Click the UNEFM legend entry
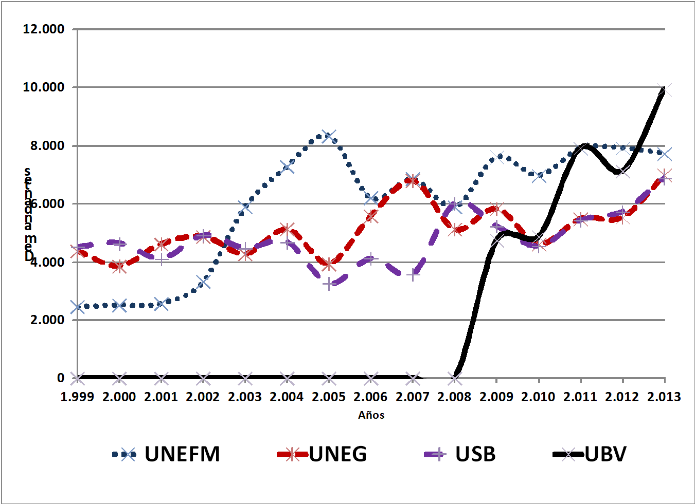166,454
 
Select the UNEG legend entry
323,454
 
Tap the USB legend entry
460,454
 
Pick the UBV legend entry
591,454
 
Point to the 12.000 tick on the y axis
44,29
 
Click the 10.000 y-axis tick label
44,87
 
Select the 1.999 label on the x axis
77,397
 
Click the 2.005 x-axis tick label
329,397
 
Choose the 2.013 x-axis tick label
664,397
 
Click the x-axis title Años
371,415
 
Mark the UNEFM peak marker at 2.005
329,136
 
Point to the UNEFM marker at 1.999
77,307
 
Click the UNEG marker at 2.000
119,266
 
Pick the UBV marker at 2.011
581,148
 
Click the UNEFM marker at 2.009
497,157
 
